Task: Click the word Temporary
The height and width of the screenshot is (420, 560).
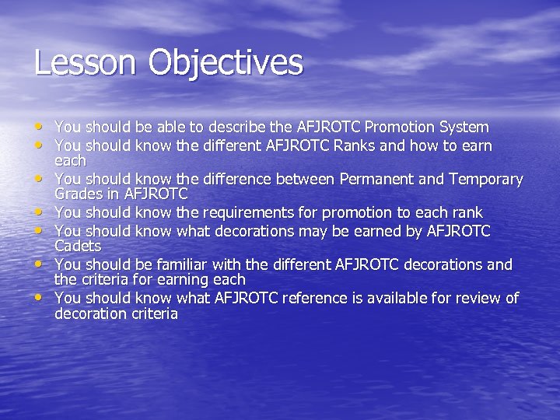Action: click(x=485, y=180)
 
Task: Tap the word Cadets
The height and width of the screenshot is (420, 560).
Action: click(x=78, y=246)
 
